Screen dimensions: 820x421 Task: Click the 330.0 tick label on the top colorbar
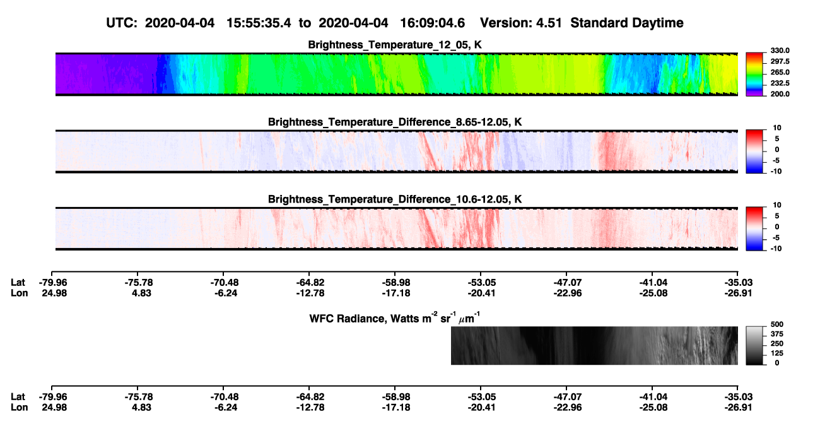pos(780,50)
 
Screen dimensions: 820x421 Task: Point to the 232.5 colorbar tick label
pos(780,83)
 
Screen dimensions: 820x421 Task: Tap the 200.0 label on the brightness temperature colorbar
pos(780,94)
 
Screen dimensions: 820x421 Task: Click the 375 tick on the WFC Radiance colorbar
pos(776,334)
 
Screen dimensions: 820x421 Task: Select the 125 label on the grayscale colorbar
pos(776,353)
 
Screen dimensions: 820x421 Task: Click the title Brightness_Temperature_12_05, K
pos(395,45)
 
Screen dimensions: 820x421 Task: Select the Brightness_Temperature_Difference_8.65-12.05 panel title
pos(395,122)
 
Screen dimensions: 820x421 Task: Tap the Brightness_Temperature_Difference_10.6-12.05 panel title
pos(395,199)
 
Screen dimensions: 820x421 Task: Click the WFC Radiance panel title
pos(395,318)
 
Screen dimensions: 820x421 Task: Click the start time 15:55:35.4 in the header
pos(259,23)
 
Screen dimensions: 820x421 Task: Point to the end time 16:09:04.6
pos(432,23)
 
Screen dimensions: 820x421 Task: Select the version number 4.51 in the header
pos(549,23)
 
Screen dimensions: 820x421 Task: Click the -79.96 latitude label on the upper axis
pos(53,283)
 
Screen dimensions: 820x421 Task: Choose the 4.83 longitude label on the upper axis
pos(142,294)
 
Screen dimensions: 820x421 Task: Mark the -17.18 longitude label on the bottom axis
pos(396,408)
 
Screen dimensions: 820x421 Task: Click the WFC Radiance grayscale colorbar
pos(755,345)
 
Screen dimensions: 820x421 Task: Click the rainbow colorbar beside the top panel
pos(755,74)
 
